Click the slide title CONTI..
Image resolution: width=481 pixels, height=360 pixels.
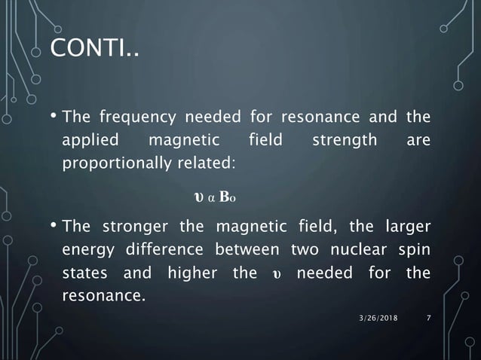point(94,50)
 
